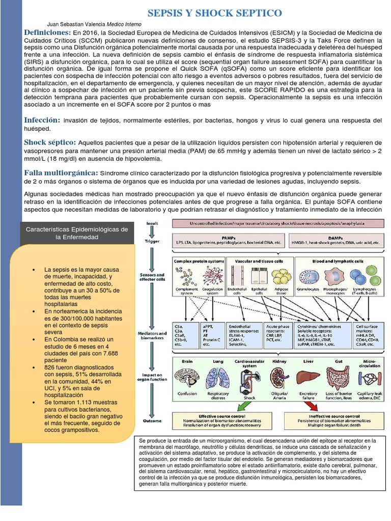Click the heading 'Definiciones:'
click(47, 33)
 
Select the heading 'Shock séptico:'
click(50, 142)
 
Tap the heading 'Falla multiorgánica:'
click(61, 173)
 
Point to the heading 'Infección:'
click(42, 120)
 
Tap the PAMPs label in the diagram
click(228, 237)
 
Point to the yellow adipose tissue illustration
click(281, 277)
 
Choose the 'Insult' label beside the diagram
click(152, 223)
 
